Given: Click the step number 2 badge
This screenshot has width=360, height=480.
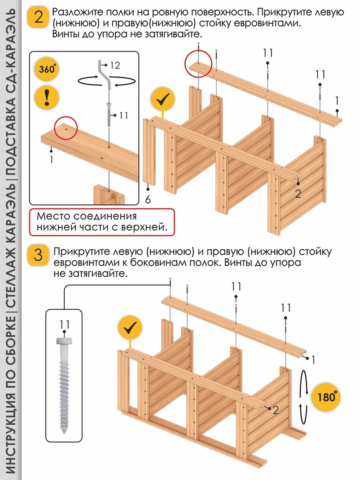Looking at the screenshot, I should [x=38, y=18].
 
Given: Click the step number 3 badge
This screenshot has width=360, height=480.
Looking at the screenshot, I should [x=38, y=255].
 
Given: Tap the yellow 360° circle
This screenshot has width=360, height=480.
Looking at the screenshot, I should [x=47, y=69].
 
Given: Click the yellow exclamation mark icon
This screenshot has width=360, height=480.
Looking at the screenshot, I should [x=47, y=97].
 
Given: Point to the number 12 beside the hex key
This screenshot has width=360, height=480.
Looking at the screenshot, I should [x=115, y=66].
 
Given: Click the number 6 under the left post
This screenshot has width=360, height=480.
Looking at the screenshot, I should [x=148, y=199].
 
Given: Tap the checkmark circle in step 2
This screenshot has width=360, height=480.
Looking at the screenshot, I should [x=163, y=100].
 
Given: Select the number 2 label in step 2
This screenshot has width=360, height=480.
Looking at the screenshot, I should [x=298, y=194].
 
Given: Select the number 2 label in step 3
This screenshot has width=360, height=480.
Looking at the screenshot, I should [x=276, y=410].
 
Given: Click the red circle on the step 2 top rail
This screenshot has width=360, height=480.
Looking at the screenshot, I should [x=198, y=63].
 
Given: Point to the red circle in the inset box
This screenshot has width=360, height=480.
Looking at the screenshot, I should [x=66, y=128].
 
